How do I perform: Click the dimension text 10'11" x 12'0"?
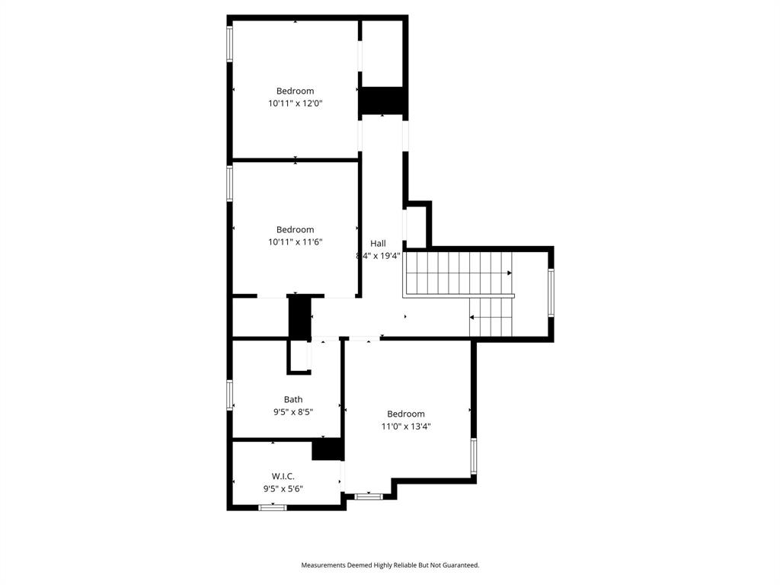pos(295,104)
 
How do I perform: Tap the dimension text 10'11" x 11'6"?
pos(295,242)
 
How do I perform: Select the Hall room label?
pos(378,243)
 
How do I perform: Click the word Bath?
pos(293,399)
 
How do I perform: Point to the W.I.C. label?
pos(283,476)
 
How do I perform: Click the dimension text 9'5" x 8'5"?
pos(293,412)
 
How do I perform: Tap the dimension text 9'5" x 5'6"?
pos(283,489)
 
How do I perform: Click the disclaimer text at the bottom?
pos(390,565)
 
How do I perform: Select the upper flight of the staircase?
pos(458,273)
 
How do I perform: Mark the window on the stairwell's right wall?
pos(551,292)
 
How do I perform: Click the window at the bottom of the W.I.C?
pos(272,507)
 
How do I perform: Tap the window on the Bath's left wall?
pos(229,395)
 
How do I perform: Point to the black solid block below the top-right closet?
pos(381,101)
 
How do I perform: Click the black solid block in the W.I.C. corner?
pos(328,449)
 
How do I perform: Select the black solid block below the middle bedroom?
pos(299,317)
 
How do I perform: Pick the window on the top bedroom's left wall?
pos(229,43)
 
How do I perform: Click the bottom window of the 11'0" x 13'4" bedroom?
pos(369,497)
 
